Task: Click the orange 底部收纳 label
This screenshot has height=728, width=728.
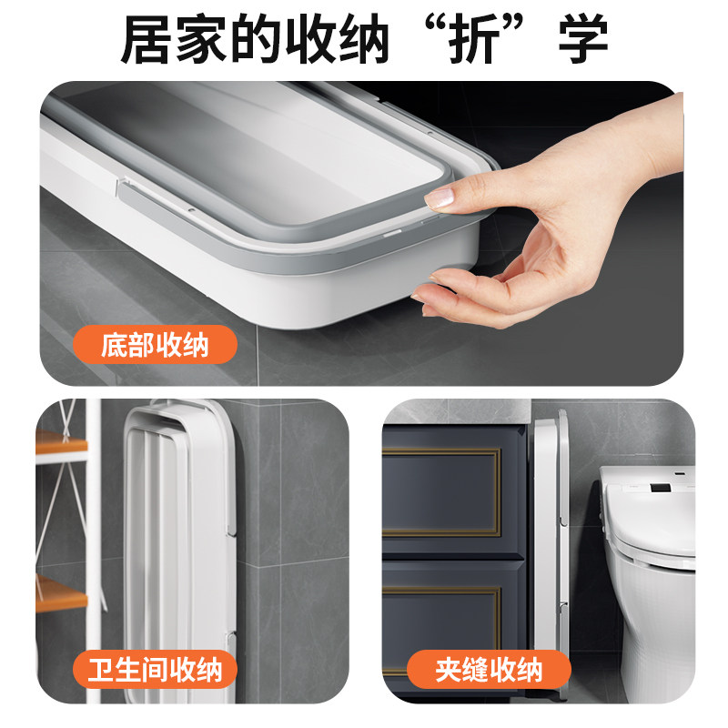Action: coord(155,346)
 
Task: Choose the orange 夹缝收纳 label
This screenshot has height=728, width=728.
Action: coord(489,671)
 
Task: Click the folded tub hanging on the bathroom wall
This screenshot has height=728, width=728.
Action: coord(177,546)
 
